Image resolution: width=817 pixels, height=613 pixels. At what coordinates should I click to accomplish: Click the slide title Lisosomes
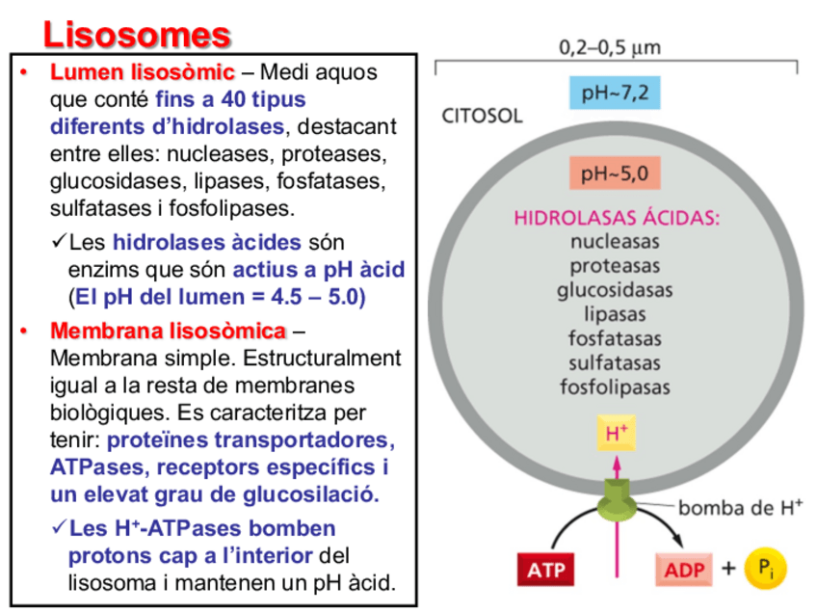point(137,35)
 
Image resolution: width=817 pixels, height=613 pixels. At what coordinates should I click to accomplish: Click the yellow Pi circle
point(766,569)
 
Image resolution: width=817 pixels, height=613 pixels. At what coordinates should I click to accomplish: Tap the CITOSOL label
point(481,116)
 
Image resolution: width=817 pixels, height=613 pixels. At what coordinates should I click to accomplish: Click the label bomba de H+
point(740,507)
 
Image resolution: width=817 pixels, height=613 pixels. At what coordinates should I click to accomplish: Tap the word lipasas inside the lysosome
point(615,313)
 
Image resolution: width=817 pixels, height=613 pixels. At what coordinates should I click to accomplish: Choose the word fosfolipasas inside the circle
point(615,387)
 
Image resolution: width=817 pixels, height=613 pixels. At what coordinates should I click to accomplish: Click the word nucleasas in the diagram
point(615,241)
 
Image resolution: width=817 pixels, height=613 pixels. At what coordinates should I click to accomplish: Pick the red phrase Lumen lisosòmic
point(142,72)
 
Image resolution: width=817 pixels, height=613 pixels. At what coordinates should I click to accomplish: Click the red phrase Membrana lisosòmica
point(168,332)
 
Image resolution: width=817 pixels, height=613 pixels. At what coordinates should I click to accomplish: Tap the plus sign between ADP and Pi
point(727,569)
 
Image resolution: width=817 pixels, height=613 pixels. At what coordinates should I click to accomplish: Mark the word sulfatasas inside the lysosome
point(615,363)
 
